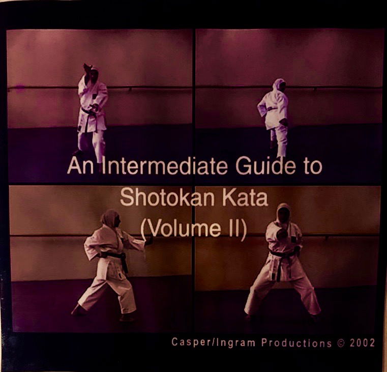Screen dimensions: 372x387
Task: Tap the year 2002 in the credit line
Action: tap(363, 342)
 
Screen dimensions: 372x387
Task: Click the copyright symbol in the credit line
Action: tap(341, 342)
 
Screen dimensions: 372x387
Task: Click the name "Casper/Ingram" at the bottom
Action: tap(213, 342)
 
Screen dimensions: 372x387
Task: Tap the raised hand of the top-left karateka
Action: tap(87, 69)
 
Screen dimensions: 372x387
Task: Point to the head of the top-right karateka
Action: tap(278, 84)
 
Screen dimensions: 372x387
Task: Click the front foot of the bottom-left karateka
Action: tap(78, 310)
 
